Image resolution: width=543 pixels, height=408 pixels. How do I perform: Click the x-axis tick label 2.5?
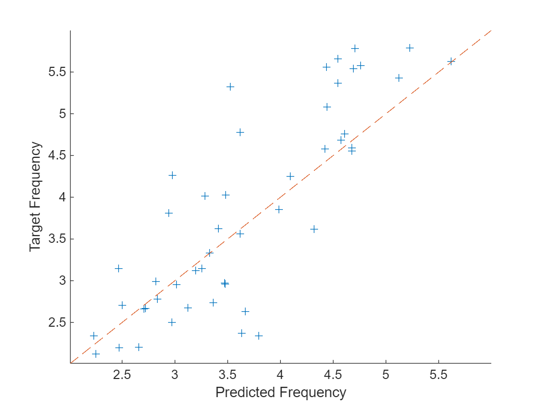click(x=122, y=374)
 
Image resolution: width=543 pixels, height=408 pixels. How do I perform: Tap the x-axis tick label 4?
click(x=280, y=374)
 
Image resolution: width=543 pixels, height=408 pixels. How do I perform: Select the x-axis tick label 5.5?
click(x=439, y=374)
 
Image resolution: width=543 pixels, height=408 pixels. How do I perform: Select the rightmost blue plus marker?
click(x=451, y=61)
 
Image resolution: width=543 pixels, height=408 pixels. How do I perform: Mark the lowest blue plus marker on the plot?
click(x=96, y=354)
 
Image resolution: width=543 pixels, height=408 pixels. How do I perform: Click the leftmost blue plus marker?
click(x=94, y=336)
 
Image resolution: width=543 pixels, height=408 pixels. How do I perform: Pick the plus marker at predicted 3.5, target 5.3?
click(x=231, y=86)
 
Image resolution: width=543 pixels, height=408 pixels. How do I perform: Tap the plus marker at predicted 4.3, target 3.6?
click(x=314, y=229)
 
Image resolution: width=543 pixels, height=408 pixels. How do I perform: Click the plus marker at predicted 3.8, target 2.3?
click(x=259, y=336)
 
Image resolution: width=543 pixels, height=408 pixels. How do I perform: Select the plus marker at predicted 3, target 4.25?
click(x=172, y=175)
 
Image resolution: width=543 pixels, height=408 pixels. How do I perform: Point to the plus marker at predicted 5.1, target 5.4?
click(x=399, y=78)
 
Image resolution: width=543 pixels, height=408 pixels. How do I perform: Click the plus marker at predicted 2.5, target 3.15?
click(x=118, y=268)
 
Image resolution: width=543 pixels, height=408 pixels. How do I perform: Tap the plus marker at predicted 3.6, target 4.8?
click(x=240, y=132)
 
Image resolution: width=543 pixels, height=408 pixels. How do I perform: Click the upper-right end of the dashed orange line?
click(x=490, y=31)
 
